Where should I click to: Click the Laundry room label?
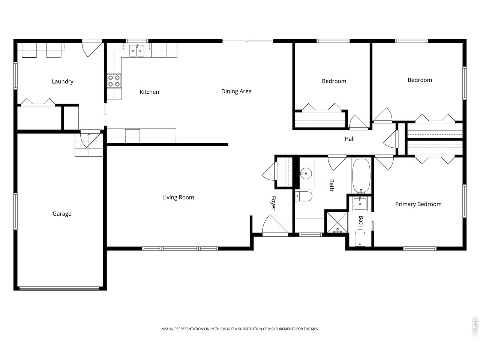62,81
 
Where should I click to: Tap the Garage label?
62,214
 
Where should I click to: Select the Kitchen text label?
149,92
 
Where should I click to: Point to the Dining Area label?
236,91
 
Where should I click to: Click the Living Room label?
178,197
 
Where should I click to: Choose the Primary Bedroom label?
418,204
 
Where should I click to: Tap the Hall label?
349,139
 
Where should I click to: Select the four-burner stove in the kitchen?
114,81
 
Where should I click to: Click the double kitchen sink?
137,50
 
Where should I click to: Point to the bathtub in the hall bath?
361,175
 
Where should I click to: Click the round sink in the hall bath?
306,173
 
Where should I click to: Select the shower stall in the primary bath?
336,223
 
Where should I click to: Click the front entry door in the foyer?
276,225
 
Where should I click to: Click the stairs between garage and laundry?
88,145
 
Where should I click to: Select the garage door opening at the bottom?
59,288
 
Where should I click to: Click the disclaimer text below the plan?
240,329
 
